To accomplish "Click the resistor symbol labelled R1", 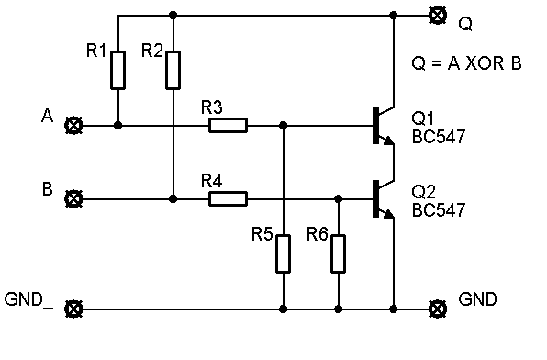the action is tap(117, 70).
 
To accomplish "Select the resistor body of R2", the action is tap(173, 70).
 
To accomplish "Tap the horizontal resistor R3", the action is tap(229, 125).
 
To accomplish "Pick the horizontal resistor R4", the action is tap(229, 198).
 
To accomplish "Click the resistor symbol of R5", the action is tap(284, 253).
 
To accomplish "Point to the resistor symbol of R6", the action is tap(339, 253).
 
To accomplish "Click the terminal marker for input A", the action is tap(73, 125).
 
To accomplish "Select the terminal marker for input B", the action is tap(73, 198).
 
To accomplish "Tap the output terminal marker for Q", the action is tap(438, 16).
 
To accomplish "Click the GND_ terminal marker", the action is tap(73, 309).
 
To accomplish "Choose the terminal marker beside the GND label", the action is tap(438, 309).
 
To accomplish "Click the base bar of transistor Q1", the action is tap(375, 125).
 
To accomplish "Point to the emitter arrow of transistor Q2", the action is tap(388, 213).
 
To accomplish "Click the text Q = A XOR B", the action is tap(466, 63).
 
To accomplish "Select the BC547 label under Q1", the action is tap(439, 137).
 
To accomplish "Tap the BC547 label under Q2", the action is tap(439, 210).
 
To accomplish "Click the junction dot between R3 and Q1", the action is tap(284, 125).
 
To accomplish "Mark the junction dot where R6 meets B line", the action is tap(339, 198).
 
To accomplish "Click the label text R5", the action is tap(262, 234).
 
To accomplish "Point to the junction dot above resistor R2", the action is tap(173, 16).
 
